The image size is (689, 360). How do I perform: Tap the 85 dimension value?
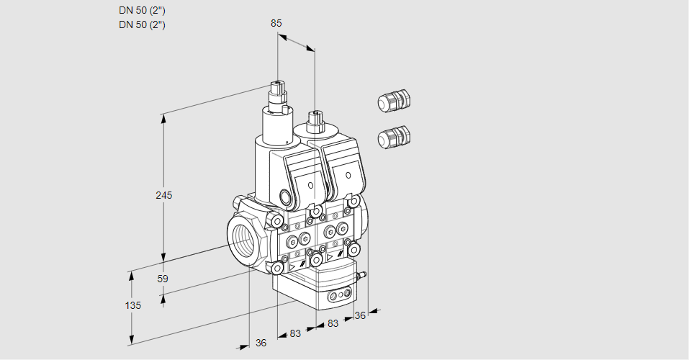pos(276,23)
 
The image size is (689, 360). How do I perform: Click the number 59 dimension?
pos(163,279)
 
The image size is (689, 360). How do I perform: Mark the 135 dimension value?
pos(132,305)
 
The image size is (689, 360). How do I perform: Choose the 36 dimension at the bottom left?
pos(261,343)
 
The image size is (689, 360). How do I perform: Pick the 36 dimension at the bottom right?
pos(360,315)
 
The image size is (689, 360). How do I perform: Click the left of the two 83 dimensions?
pos(295,333)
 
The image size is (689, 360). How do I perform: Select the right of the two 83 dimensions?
pos(333,323)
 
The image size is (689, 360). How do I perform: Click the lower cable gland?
pos(393,136)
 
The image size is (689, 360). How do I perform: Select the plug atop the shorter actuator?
pos(314,120)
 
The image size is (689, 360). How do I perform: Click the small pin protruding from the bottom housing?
pos(363,274)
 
